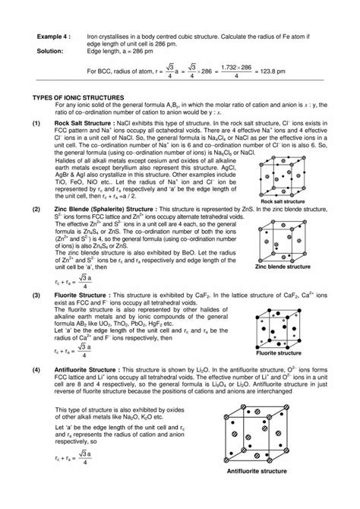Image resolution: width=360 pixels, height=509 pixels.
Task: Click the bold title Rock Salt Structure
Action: coord(84,121)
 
